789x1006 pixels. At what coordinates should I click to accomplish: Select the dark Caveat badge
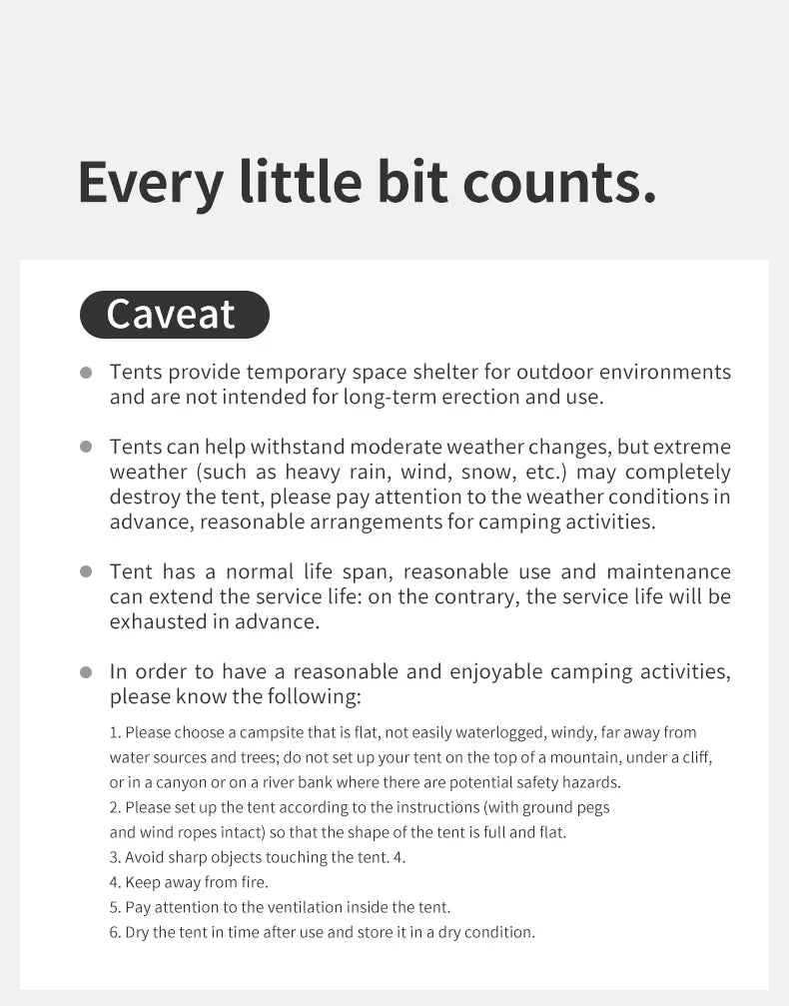(x=174, y=314)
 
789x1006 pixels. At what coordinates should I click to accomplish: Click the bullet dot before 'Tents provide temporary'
(x=86, y=373)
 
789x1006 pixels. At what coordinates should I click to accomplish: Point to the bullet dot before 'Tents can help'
(x=86, y=447)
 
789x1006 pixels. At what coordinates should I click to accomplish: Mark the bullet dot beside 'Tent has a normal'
(x=86, y=571)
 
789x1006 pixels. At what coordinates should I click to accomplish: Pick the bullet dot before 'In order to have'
(x=86, y=672)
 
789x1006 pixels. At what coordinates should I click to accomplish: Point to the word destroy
(x=145, y=497)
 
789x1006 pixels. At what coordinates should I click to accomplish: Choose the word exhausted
(x=160, y=621)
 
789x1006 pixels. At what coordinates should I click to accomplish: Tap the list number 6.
(x=115, y=932)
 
